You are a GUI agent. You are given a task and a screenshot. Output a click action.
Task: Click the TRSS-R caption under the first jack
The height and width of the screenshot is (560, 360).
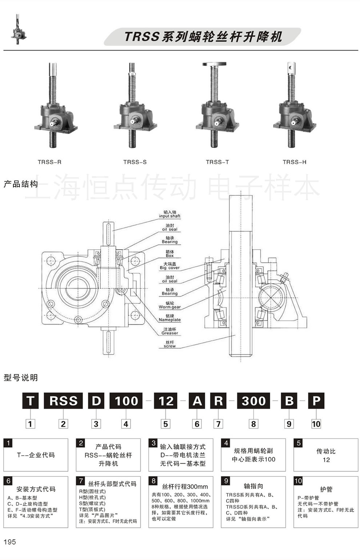[49, 162]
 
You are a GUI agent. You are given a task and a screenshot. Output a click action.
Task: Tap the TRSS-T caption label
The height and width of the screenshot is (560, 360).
[217, 162]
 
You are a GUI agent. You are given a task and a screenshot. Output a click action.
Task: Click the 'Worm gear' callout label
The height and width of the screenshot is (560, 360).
[169, 305]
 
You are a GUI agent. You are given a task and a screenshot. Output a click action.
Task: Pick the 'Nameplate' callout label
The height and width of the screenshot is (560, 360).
[169, 318]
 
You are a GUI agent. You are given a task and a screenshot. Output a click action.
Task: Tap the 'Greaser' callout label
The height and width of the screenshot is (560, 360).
[169, 331]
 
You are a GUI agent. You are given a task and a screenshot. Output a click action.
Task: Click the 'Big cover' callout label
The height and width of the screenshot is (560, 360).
[169, 266]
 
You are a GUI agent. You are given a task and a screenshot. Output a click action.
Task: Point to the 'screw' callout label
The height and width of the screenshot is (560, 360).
[169, 344]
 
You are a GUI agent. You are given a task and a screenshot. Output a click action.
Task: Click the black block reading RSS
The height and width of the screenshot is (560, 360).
[63, 401]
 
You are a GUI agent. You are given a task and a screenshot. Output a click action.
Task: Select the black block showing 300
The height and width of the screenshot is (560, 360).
[253, 401]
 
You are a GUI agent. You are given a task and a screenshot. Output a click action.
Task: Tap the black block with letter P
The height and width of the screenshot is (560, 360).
[316, 401]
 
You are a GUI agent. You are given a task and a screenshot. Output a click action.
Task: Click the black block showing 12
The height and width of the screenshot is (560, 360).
[166, 401]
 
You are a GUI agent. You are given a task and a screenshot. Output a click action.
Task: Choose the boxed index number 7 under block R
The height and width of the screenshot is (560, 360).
[218, 424]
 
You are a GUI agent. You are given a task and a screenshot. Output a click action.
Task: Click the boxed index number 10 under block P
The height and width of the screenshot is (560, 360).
[316, 424]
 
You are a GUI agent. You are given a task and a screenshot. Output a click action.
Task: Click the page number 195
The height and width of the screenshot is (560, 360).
[10, 542]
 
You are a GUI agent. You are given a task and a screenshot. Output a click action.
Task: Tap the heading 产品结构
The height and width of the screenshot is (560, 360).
[20, 184]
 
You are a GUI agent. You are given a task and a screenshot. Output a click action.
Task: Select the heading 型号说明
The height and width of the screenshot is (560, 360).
[20, 378]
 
